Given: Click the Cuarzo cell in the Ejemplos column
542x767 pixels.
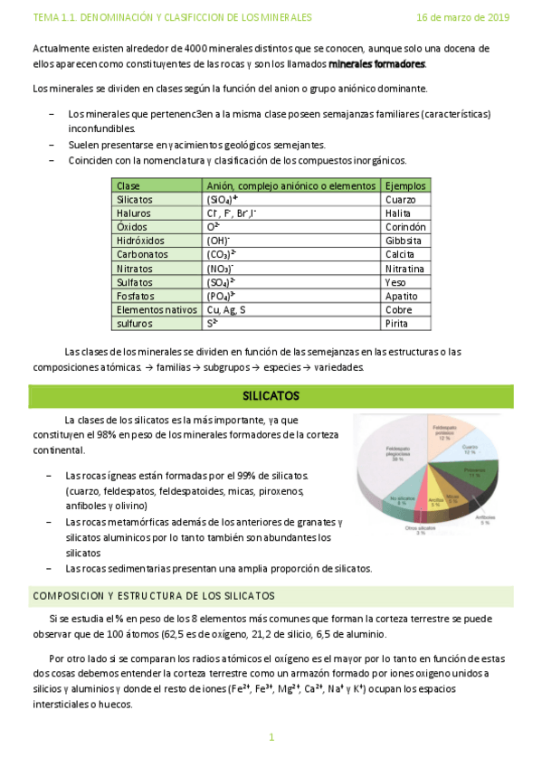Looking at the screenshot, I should pos(400,199).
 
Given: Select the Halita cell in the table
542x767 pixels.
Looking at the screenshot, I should pos(398,213).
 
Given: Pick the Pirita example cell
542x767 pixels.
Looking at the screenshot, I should pos(396,323).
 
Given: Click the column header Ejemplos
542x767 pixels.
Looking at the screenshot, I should pos(404,185).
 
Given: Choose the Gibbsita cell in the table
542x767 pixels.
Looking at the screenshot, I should pos(403,241).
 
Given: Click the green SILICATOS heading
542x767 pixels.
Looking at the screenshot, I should pos(271,396).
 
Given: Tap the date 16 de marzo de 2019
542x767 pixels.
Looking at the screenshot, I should pos(462,17).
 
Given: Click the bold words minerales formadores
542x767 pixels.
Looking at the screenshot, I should pos(376,64).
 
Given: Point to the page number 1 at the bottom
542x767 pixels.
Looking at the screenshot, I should pos(271,738).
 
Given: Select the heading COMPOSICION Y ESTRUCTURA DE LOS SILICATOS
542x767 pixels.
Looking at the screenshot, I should pos(154,596).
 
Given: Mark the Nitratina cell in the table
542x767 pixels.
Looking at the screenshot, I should pos(404,269).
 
